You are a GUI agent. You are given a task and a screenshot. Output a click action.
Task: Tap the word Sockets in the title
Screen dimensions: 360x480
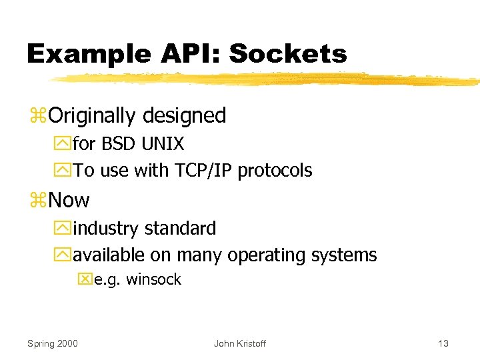click(x=288, y=53)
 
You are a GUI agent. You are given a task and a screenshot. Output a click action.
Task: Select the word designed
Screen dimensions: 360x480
click(x=183, y=116)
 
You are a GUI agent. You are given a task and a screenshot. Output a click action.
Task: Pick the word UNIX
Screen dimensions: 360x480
click(x=163, y=144)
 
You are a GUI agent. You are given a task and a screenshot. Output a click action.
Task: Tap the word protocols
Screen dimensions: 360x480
click(x=275, y=171)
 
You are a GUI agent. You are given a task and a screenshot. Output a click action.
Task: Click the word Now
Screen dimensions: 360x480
click(x=69, y=200)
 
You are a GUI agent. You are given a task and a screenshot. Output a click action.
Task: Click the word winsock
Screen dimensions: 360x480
click(x=153, y=279)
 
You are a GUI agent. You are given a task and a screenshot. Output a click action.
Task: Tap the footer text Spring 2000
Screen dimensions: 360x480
click(x=52, y=343)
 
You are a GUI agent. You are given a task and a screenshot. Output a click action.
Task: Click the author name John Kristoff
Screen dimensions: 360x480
click(x=239, y=343)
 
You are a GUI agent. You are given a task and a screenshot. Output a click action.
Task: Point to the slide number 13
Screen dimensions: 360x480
click(x=443, y=343)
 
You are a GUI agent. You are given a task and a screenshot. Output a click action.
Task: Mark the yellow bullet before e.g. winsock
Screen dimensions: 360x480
click(x=85, y=280)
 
